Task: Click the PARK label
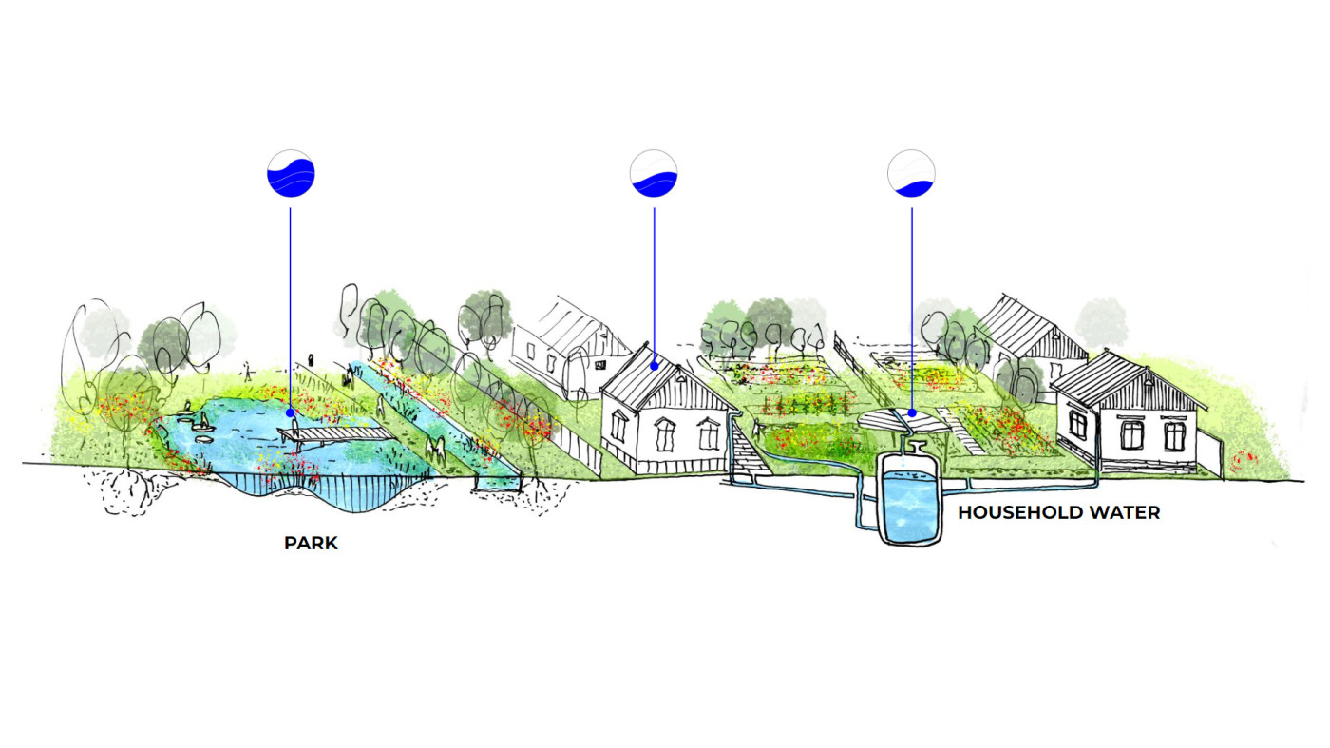(x=311, y=544)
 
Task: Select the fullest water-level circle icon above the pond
(x=291, y=175)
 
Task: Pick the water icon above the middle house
(x=654, y=175)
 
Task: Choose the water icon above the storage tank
(x=912, y=175)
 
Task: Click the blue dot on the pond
(x=291, y=413)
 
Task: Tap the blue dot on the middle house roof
(x=654, y=364)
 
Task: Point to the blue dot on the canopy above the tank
(x=912, y=413)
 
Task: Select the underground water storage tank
(x=910, y=499)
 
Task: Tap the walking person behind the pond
(x=248, y=370)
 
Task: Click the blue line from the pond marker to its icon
(x=291, y=304)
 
